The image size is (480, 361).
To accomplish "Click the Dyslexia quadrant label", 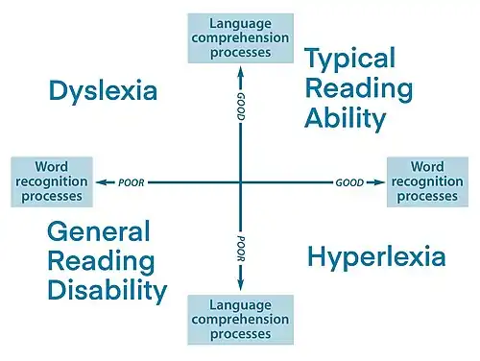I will tap(102, 92).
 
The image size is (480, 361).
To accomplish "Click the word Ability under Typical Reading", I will tap(346, 118).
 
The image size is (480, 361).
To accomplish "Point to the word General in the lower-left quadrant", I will tap(99, 231).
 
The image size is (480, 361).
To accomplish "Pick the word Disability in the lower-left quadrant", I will tap(107, 290).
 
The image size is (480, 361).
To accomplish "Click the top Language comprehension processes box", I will tap(240, 33).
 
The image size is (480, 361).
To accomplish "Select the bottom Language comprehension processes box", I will tap(240, 320).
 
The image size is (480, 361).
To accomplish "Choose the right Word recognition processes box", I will tap(427, 181).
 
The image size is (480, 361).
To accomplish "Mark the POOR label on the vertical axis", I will tap(240, 242).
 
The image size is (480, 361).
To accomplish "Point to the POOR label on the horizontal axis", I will tap(131, 181).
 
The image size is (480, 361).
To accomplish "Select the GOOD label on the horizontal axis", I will tap(348, 181).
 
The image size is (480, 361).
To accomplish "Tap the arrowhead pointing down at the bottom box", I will tap(240, 286).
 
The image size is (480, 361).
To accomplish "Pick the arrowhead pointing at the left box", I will tap(99, 181).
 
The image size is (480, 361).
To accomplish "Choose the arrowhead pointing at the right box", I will tap(381, 181).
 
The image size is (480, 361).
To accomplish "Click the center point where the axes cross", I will tap(240, 181).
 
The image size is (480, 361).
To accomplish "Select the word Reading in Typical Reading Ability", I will tap(359, 89).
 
